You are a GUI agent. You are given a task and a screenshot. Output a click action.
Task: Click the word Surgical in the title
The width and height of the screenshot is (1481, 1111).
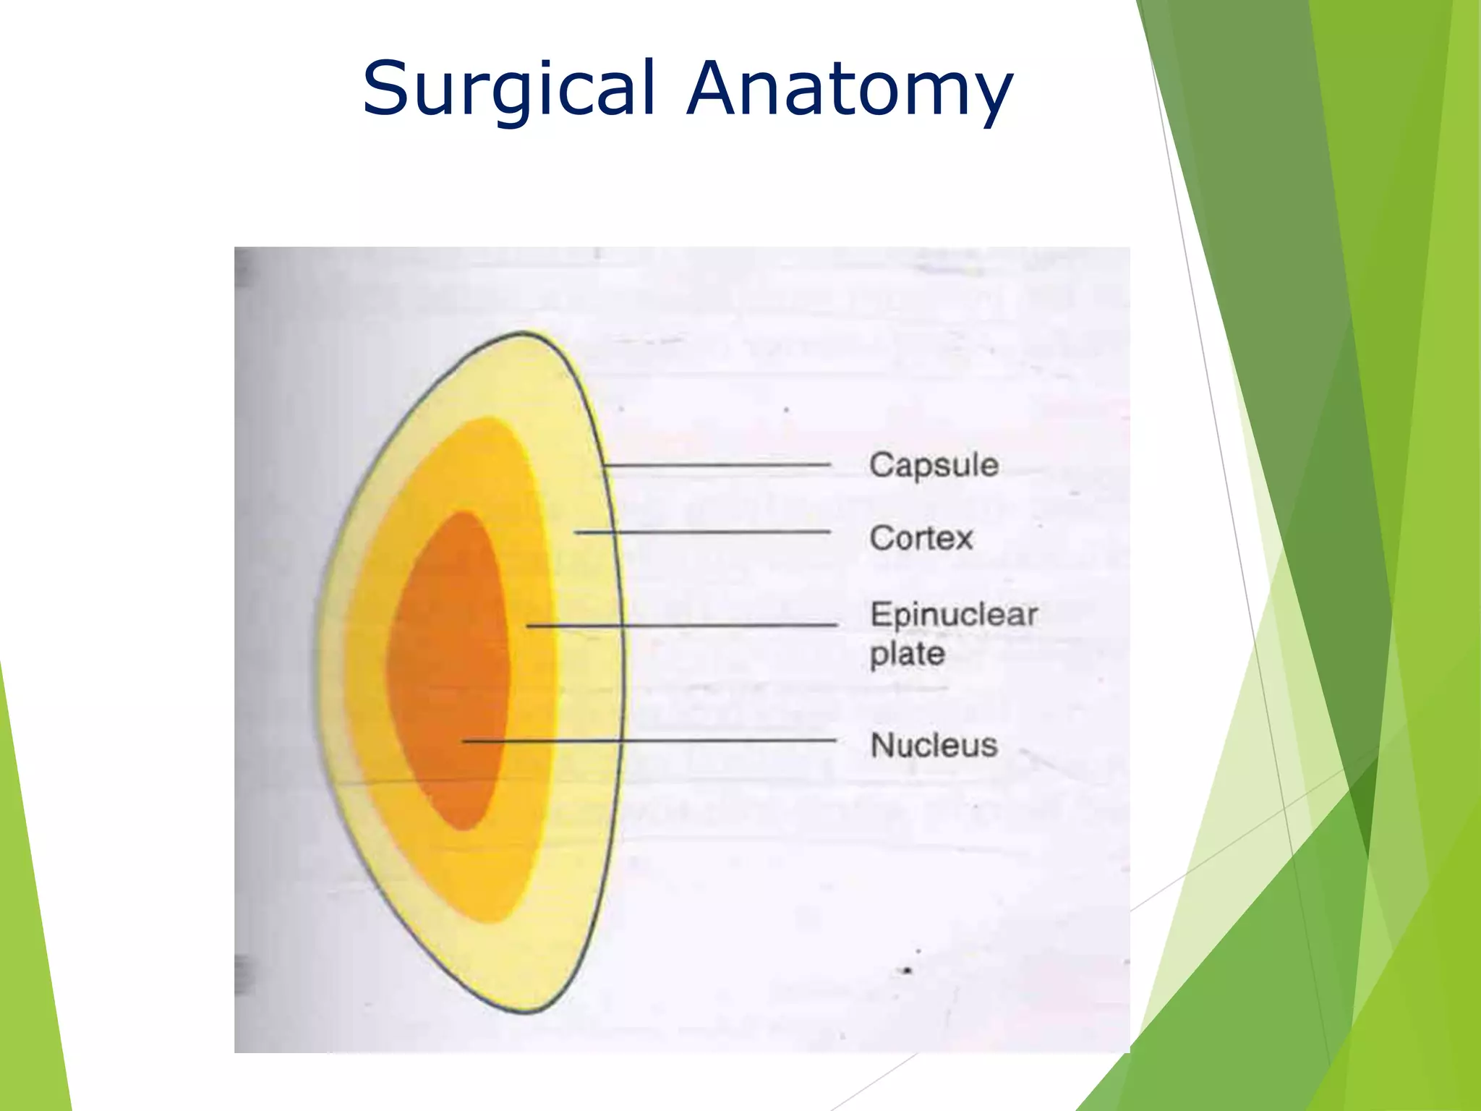508,88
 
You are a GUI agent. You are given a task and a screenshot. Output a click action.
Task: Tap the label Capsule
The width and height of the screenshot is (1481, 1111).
934,464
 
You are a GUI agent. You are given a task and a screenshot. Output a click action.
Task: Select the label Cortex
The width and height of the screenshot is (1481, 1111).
921,538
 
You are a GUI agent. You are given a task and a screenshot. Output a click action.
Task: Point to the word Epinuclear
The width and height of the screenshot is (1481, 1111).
953,615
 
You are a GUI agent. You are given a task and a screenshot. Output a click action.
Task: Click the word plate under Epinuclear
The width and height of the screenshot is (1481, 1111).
907,654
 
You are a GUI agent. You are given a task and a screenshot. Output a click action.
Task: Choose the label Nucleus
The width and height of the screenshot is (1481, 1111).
934,745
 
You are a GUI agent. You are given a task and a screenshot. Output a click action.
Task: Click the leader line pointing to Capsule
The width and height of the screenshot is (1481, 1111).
716,464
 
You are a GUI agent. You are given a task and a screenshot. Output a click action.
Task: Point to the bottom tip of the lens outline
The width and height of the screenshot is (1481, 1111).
526,1011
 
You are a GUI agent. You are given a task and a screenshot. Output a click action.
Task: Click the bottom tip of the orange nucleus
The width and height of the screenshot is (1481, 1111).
463,829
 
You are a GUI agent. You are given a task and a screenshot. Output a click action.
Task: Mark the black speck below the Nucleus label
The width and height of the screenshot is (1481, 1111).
908,970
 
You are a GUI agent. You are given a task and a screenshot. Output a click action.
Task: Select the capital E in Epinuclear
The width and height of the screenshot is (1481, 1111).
880,614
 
